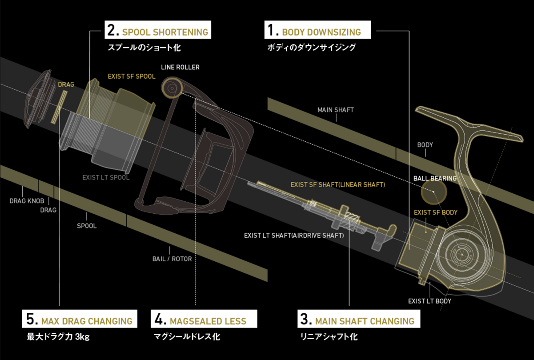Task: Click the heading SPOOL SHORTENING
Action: pyautogui.click(x=157, y=32)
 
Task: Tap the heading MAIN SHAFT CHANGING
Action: pyautogui.click(x=357, y=320)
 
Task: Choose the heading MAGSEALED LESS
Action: pyautogui.click(x=200, y=320)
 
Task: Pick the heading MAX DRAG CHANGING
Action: pyautogui.click(x=80, y=320)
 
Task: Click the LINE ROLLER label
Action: pyautogui.click(x=180, y=67)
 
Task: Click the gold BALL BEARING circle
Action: pyautogui.click(x=434, y=192)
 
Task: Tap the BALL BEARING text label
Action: pyautogui.click(x=435, y=178)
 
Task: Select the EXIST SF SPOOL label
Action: pyautogui.click(x=132, y=76)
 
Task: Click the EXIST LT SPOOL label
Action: pyautogui.click(x=106, y=177)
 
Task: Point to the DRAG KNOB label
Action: pyautogui.click(x=27, y=200)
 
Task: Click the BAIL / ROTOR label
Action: pyautogui.click(x=172, y=259)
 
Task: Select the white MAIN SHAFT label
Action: pyautogui.click(x=336, y=110)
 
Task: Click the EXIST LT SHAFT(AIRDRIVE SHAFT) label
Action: pyautogui.click(x=294, y=235)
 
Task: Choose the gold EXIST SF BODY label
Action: pyautogui.click(x=436, y=212)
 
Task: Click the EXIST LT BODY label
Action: pyautogui.click(x=430, y=301)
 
